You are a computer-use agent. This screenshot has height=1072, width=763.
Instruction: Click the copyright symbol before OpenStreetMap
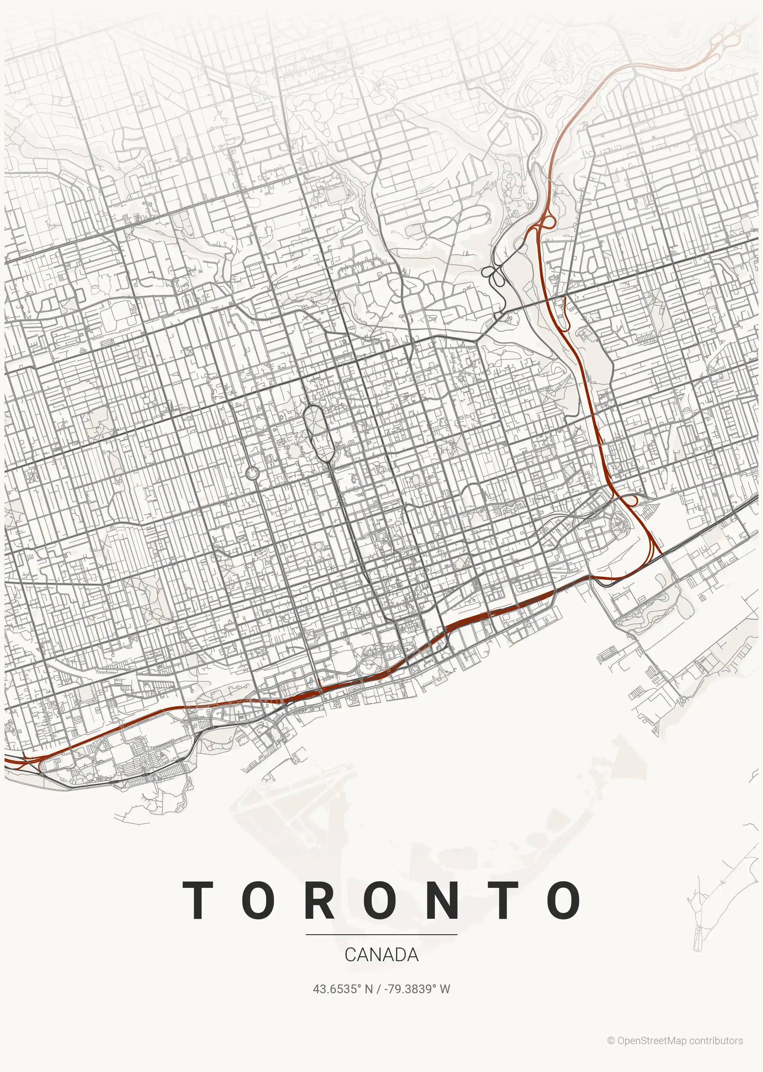611,1041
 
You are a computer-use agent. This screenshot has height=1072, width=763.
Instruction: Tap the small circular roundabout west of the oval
252,473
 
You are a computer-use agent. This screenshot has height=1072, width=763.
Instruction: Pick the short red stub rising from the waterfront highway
319,684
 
